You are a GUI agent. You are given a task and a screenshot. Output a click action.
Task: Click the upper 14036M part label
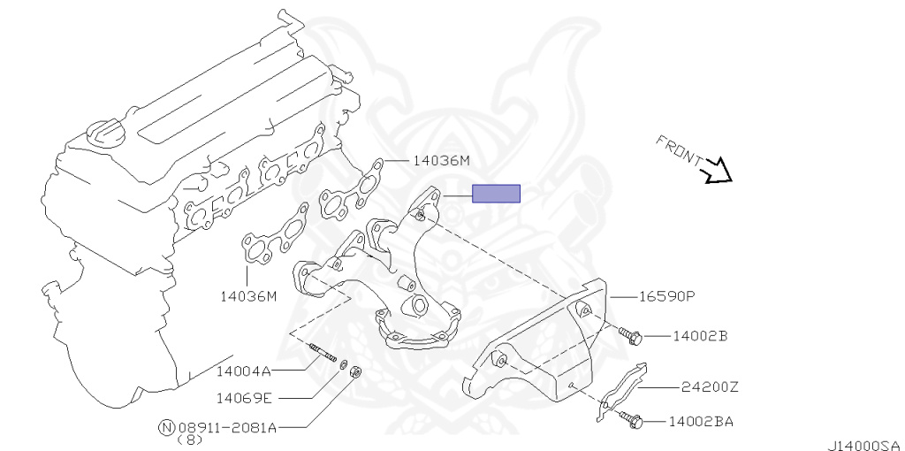coord(442,161)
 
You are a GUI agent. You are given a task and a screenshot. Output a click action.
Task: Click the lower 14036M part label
coord(248,297)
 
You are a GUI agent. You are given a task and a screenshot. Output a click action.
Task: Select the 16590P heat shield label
coord(666,297)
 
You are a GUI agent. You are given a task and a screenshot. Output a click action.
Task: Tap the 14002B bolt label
coord(700,335)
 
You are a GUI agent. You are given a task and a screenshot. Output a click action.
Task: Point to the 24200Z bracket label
coord(710,387)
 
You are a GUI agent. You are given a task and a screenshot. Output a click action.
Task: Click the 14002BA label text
coord(701,422)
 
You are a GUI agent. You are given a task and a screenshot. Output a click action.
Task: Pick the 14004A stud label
coord(244,371)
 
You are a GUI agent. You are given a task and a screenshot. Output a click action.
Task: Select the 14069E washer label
coord(244,398)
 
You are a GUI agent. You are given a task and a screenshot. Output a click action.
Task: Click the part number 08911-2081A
coord(227,428)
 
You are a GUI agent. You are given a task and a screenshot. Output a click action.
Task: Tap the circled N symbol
coord(166,427)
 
